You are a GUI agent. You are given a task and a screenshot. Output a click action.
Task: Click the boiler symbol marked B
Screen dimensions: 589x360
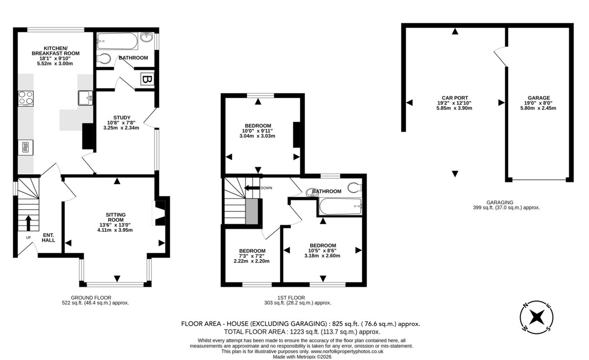click(x=147, y=79)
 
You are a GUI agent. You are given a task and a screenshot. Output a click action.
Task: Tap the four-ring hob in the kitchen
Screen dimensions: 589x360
click(x=26, y=98)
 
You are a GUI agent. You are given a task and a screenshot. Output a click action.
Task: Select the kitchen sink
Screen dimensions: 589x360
click(x=85, y=98)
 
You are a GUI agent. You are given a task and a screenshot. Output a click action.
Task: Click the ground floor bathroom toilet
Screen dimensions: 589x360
click(x=104, y=59)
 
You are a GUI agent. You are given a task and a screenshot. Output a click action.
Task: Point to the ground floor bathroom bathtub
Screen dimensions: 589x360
click(x=117, y=41)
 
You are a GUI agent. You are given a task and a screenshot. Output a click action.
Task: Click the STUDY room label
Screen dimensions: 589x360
click(x=122, y=118)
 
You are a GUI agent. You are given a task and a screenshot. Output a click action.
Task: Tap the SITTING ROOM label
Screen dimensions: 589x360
click(x=116, y=218)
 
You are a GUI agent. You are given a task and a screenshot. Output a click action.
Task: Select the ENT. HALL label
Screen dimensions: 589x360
click(x=49, y=238)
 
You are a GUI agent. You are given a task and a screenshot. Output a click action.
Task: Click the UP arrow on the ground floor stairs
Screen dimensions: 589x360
click(x=28, y=223)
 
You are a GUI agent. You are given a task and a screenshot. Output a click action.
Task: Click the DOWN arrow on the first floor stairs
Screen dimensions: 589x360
click(x=252, y=188)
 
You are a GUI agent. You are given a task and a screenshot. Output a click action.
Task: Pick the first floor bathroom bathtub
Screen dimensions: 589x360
click(x=341, y=206)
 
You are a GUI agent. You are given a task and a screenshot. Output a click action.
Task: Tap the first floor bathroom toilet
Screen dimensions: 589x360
click(x=355, y=188)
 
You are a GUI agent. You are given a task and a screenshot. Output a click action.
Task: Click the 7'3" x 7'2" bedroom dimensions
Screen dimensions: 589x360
click(x=252, y=256)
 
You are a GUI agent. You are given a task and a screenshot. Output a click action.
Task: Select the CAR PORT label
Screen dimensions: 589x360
click(x=455, y=98)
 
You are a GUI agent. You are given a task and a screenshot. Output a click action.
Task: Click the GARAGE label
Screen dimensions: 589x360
click(x=539, y=98)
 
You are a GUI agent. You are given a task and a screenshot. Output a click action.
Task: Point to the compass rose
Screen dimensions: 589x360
click(x=536, y=317)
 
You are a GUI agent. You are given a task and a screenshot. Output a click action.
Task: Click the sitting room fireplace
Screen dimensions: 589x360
click(x=159, y=213)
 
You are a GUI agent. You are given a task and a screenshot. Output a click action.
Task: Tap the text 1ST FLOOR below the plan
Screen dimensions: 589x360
click(x=291, y=298)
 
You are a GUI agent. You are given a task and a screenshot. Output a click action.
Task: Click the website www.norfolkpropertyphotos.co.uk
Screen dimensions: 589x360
click(x=347, y=352)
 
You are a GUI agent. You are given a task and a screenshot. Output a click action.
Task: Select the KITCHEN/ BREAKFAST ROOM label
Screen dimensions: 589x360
click(x=55, y=51)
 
